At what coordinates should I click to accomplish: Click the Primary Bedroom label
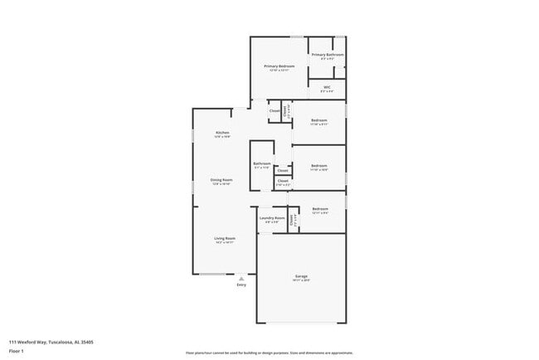279,66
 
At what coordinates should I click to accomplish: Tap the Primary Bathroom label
328,55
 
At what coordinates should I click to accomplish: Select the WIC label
328,86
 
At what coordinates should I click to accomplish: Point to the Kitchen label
222,133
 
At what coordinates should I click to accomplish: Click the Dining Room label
221,179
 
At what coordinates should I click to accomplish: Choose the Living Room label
225,239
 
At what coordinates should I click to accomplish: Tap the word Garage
301,275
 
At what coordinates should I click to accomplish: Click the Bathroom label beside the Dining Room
262,163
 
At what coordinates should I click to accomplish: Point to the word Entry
241,285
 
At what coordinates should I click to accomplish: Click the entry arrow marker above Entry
241,278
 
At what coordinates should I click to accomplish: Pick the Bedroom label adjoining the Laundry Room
320,209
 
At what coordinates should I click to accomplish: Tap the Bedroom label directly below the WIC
319,120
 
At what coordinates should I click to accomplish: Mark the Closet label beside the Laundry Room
291,220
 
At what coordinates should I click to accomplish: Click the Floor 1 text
17,351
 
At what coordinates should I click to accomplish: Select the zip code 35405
86,341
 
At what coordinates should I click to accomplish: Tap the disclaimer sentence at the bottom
269,353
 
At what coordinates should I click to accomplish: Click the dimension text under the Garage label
301,280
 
